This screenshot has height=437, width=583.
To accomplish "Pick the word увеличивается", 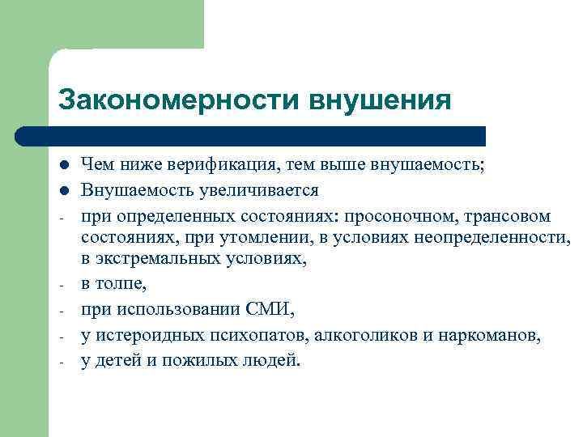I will point(260,192).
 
